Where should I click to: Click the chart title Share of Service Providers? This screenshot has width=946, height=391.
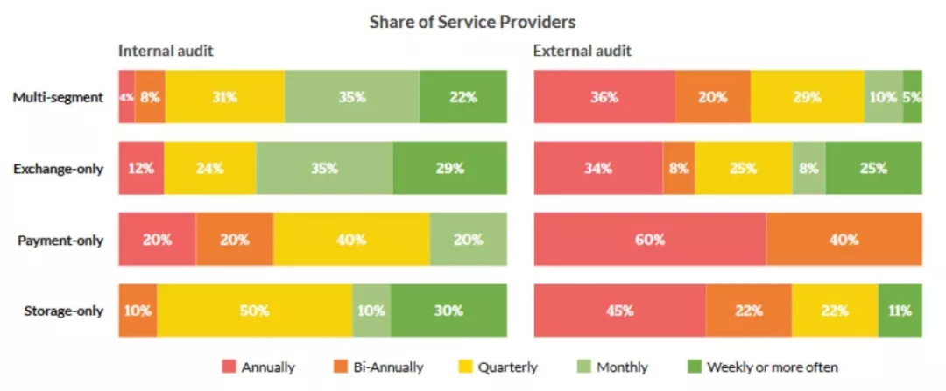(473, 21)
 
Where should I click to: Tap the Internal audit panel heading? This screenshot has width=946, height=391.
(166, 51)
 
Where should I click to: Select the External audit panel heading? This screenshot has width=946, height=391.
(582, 51)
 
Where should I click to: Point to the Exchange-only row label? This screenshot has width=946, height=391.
(59, 168)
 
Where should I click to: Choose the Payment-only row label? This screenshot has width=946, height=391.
(60, 239)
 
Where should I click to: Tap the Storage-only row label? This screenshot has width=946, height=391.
(60, 311)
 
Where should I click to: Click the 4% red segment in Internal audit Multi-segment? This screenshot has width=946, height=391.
(126, 97)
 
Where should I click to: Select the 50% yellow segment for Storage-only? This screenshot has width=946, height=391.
(254, 311)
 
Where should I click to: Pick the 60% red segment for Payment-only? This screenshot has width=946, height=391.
(649, 239)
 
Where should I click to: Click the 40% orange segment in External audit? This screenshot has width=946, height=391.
(844, 239)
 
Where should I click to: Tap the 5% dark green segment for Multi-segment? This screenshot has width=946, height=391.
(912, 97)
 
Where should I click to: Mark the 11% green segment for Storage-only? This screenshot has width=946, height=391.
(900, 311)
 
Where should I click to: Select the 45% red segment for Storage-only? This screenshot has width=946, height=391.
(619, 311)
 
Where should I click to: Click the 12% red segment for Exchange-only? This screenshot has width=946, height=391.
(141, 168)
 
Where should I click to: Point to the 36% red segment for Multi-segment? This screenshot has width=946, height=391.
(604, 97)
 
